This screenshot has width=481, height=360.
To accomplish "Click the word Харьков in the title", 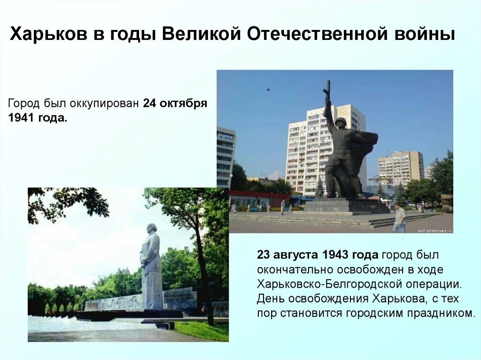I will (x=45, y=35).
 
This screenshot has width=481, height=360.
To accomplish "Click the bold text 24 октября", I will (x=175, y=103).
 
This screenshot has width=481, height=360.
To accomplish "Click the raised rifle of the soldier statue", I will (x=327, y=92).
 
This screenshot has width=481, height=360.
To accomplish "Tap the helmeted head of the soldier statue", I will (x=341, y=123).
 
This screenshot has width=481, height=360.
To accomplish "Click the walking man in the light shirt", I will (x=399, y=218).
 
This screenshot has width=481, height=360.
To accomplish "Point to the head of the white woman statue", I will (x=151, y=228).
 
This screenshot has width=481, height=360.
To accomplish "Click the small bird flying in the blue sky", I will (x=268, y=88).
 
